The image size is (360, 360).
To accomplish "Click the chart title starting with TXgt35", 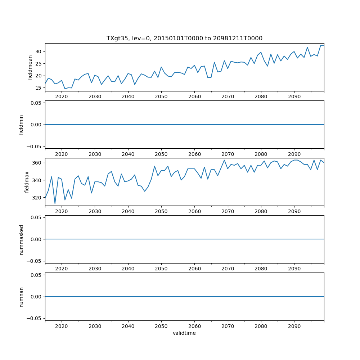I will (184, 38).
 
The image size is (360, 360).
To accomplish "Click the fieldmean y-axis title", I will (30, 67).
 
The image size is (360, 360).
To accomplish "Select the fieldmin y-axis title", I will (21, 125).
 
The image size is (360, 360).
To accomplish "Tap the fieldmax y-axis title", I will (27, 182).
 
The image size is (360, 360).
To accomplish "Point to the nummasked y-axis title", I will (21, 239).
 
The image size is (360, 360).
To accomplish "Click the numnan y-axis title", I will (21, 297).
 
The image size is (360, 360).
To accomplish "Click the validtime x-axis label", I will (184, 333).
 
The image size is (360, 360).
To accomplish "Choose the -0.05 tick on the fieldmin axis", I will (35, 146).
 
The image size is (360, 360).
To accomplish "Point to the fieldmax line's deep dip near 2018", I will (55, 203).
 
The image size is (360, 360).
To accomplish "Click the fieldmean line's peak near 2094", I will (307, 47).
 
